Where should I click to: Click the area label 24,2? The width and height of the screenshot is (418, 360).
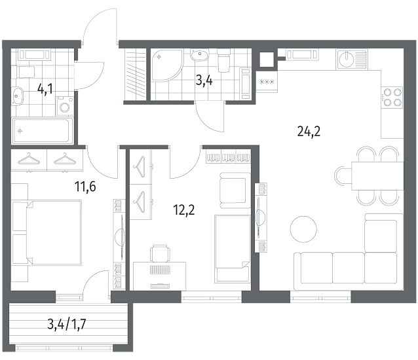(309, 132)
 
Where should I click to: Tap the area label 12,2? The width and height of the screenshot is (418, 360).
(184, 210)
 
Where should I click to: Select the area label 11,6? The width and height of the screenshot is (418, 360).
(85, 187)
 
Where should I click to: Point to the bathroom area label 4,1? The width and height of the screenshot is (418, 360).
(45, 89)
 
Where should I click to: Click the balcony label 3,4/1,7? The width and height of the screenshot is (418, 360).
(67, 325)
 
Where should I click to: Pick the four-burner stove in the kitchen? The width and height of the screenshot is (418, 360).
(392, 98)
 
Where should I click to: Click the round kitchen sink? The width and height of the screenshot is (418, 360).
(347, 59)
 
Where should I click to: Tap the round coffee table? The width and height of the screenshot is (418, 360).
(303, 229)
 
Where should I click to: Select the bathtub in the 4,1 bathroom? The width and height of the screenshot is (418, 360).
(43, 131)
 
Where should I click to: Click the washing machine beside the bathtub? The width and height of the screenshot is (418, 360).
(65, 106)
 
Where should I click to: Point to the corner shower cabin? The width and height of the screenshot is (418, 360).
(167, 64)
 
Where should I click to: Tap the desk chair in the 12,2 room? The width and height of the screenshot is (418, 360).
(160, 253)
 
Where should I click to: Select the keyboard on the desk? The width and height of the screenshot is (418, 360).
(160, 270)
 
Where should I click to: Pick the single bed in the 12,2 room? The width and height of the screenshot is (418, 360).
(233, 249)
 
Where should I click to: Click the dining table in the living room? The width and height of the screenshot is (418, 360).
(377, 175)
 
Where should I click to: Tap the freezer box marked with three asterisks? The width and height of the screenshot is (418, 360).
(267, 82)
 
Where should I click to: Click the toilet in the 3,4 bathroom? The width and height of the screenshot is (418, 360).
(223, 60)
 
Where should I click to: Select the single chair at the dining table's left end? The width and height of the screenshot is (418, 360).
(343, 175)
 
